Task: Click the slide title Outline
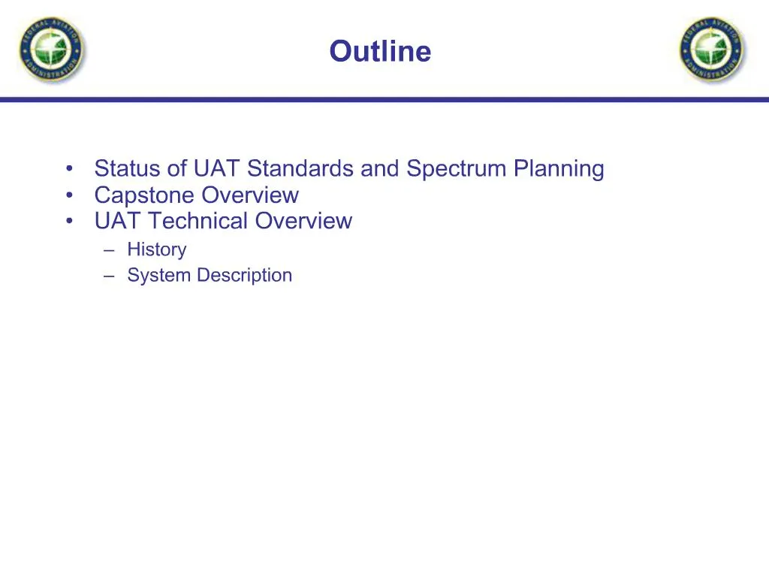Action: tap(380, 52)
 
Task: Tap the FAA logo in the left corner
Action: tap(52, 50)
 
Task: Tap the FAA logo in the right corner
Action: tap(713, 50)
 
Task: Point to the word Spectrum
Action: tap(457, 169)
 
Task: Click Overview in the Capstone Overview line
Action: tap(249, 195)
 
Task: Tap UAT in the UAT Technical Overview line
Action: tap(117, 221)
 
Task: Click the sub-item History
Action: tap(156, 249)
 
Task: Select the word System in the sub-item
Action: tap(159, 275)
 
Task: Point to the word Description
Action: tap(244, 275)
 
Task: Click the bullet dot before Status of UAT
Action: tap(69, 169)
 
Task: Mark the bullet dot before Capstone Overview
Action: tap(69, 195)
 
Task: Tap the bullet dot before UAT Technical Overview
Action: tap(69, 221)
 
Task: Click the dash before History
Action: tap(110, 249)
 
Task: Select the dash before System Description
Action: tap(110, 276)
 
